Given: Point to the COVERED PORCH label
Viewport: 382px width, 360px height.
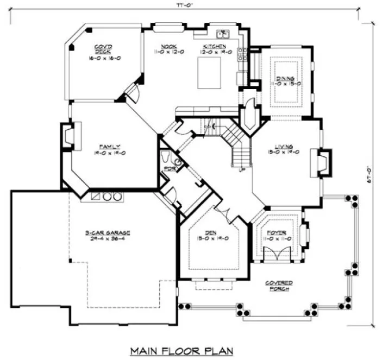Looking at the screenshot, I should tap(279, 286).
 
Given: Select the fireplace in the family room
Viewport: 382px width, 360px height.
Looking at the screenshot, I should tap(70, 136).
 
